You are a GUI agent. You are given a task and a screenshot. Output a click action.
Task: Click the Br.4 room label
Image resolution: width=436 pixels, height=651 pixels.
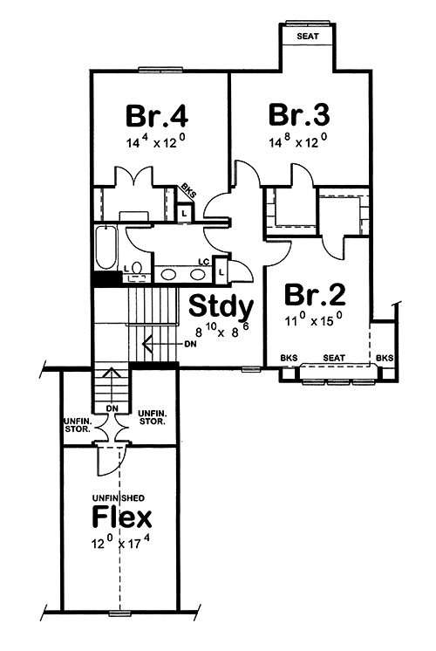[x=158, y=115]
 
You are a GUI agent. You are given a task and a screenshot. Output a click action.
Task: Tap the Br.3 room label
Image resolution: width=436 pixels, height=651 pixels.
[x=298, y=114]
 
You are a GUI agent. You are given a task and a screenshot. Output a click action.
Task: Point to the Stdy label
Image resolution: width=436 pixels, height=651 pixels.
[x=221, y=307]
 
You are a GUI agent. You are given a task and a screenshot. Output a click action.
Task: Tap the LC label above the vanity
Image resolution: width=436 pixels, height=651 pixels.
[x=203, y=261]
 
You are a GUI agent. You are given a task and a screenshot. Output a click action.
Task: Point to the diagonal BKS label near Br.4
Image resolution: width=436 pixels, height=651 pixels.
[x=187, y=191]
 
